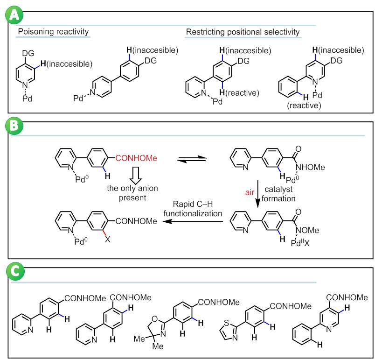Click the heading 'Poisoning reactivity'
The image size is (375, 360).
(x=53, y=32)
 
